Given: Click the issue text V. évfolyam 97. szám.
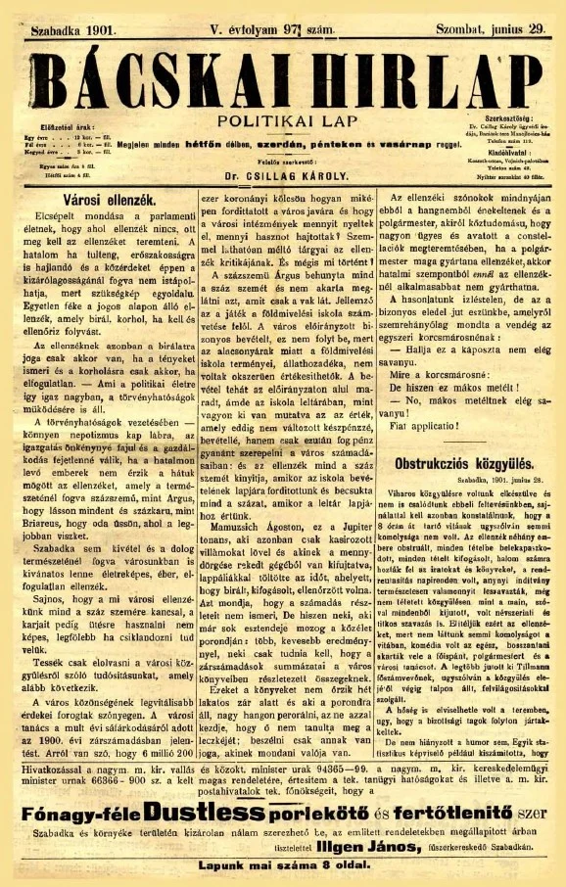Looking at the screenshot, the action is coord(277,30).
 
